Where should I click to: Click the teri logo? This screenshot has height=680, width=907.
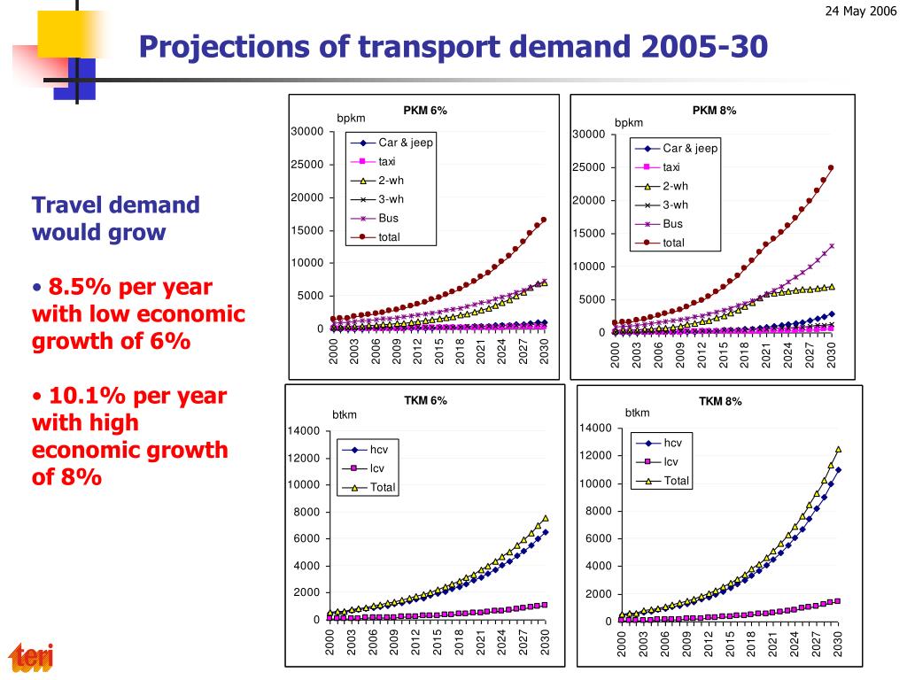pos(32,657)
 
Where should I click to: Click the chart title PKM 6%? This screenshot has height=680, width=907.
pos(425,111)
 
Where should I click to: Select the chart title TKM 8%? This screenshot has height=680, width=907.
pos(720,401)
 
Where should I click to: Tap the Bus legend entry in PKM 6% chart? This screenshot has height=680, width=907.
pos(388,218)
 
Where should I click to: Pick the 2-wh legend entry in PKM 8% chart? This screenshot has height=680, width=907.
pos(675,186)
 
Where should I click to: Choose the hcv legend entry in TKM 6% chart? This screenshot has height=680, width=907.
pos(379,450)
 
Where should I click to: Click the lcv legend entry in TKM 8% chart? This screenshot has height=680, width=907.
pos(671,462)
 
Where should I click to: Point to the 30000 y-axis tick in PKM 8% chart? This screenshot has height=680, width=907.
pos(588,135)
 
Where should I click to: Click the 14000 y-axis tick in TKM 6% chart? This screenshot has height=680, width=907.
pos(303,431)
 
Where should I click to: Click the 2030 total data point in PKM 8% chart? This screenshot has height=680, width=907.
pos(831,167)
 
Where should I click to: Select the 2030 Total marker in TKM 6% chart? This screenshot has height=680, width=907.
pos(545,518)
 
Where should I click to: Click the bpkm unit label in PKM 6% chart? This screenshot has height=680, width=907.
pos(351,119)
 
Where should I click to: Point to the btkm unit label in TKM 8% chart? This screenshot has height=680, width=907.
pos(637,413)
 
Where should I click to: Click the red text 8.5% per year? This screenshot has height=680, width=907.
pos(130,287)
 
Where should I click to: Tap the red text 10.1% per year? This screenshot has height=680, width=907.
pos(137,396)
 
